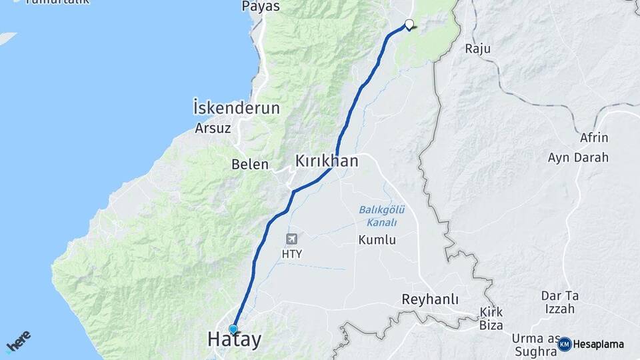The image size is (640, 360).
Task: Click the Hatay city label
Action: [234, 339]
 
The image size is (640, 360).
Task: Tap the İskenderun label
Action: [236, 108]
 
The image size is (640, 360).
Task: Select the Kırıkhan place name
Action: [327, 161]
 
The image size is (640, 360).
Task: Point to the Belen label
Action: [250, 164]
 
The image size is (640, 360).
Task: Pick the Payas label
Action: [261, 7]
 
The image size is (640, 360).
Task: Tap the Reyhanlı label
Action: [430, 300]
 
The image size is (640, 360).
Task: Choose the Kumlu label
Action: [377, 240]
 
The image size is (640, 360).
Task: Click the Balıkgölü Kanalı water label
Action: [378, 216]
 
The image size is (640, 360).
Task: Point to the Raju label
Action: [477, 49]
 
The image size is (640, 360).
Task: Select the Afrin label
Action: [594, 138]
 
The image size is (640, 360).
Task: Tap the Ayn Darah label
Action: [578, 158]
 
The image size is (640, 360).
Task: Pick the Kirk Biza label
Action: [491, 319]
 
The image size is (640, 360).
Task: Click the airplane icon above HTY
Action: [292, 239]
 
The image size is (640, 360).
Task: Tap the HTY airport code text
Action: [292, 254]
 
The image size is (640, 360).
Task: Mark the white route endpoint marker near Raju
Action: [409, 25]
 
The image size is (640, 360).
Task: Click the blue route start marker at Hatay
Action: [233, 329]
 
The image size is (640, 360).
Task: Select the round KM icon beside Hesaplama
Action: [565, 344]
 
